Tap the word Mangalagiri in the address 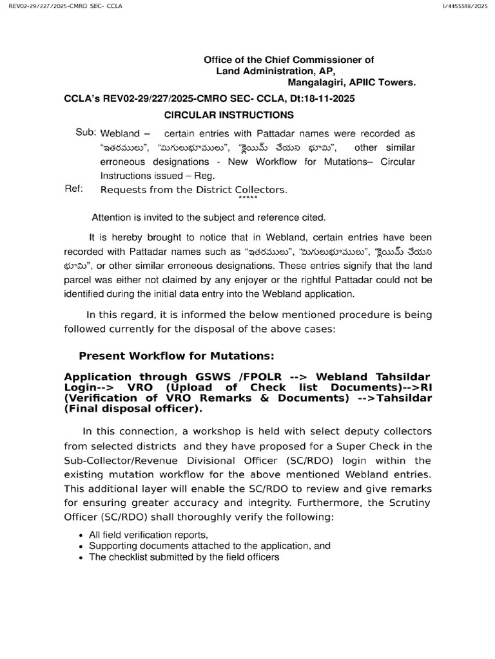click(314, 82)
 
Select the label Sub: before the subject click(86, 133)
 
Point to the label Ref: click(75, 189)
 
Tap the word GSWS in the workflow click(218, 376)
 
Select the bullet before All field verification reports click(81, 535)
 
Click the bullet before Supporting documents click(81, 546)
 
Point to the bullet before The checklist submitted click(81, 558)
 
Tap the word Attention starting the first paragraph click(115, 218)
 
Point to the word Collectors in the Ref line click(261, 190)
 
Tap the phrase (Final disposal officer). click(133, 408)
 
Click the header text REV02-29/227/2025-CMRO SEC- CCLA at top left click(62, 6)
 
